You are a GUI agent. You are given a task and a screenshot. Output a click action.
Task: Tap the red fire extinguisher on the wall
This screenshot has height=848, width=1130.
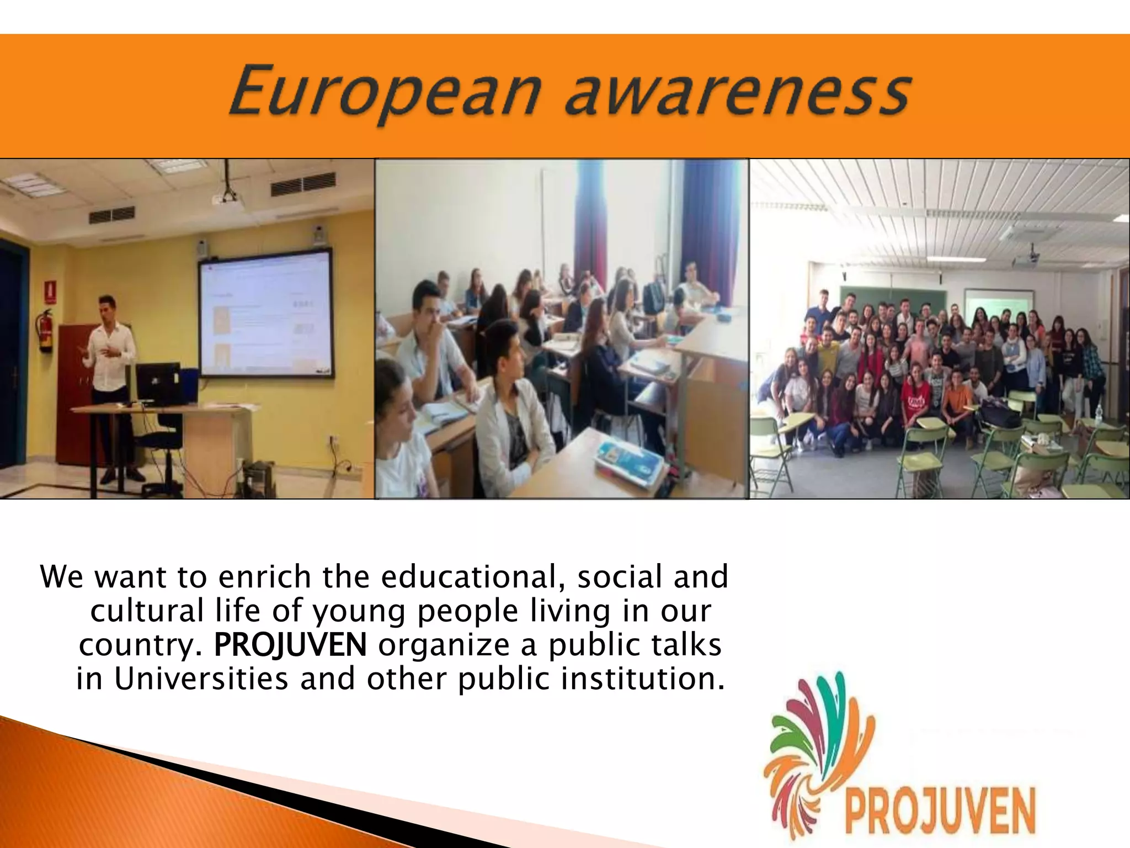click(46, 331)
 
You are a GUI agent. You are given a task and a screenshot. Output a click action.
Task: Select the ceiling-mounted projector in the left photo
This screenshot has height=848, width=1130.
click(228, 197)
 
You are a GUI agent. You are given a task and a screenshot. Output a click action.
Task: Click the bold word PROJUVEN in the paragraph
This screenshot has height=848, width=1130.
click(290, 645)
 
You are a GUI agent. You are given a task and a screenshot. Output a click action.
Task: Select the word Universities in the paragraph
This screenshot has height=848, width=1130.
click(201, 679)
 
